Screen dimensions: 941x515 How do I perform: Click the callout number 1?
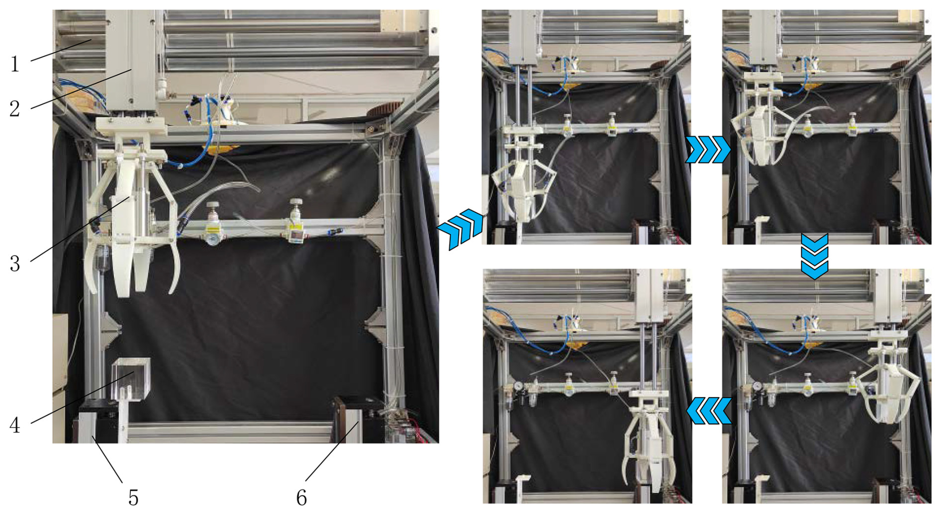(15, 64)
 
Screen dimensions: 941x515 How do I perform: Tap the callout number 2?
(15, 108)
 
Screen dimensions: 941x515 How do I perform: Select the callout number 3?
(15, 263)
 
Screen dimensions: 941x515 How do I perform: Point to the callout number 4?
(15, 425)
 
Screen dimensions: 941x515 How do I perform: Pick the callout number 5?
(133, 497)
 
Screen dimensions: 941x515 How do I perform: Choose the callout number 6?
(301, 497)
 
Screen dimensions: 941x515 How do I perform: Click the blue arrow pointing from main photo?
(460, 229)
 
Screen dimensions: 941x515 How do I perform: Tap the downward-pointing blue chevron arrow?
(814, 257)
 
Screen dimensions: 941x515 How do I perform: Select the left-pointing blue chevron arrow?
(708, 411)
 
